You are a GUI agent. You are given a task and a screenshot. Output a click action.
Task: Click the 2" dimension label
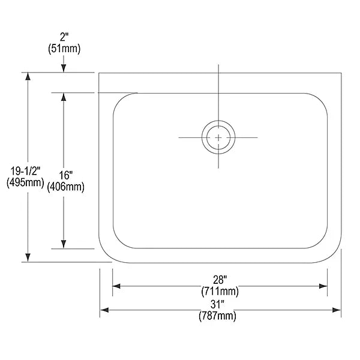click(x=64, y=37)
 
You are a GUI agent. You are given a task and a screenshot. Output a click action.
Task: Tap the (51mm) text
click(x=64, y=49)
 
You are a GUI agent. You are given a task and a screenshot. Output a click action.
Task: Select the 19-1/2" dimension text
click(x=25, y=171)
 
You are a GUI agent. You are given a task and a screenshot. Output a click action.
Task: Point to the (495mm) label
click(x=25, y=182)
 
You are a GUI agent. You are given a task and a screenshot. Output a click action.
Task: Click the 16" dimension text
click(x=65, y=175)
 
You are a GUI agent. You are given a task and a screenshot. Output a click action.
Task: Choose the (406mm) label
click(x=65, y=187)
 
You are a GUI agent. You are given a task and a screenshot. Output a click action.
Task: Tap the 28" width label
click(x=220, y=280)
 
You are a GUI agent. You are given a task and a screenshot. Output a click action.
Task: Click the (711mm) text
click(x=220, y=292)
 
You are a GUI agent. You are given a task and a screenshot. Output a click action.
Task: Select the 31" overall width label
click(x=217, y=305)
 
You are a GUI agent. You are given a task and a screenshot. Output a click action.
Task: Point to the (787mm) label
click(x=217, y=316)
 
